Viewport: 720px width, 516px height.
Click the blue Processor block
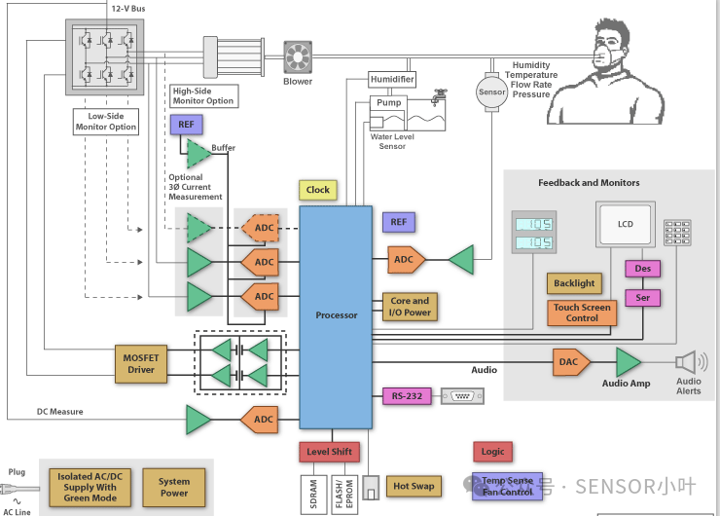336,316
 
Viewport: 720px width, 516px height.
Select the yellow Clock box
318,190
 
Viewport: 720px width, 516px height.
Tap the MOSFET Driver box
141,363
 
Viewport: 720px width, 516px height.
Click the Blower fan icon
297,55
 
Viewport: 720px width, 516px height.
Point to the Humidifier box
392,79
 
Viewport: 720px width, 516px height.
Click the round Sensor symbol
491,92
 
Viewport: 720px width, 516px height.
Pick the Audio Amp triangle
628,361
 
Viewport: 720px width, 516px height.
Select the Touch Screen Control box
582,313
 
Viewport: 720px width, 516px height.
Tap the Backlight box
574,283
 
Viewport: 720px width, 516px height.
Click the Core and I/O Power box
410,307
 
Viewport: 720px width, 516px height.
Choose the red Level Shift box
330,452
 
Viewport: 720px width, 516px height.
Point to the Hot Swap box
414,485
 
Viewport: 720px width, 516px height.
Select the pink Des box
643,269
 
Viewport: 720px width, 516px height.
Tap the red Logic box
493,452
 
